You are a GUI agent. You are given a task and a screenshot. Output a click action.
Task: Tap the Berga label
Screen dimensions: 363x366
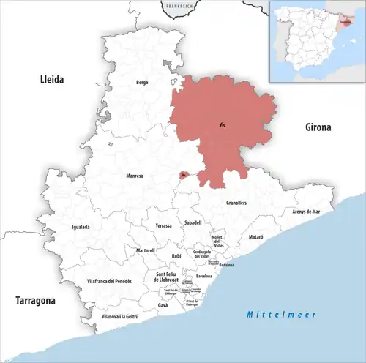pos(142,83)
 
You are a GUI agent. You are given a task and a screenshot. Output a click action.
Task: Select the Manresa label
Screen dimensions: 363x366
pos(134,176)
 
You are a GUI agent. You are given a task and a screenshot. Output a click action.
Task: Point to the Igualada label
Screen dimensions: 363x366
pos(81,227)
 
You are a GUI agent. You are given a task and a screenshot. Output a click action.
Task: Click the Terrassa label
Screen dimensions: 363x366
pos(164,226)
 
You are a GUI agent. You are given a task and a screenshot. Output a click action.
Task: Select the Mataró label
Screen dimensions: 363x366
pos(255,238)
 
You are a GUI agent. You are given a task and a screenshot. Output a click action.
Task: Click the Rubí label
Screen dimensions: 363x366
pos(176,256)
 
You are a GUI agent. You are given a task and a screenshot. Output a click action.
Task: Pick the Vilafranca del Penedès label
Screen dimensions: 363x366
pos(109,281)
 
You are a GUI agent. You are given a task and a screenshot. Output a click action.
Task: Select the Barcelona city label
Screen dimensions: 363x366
pos(204,276)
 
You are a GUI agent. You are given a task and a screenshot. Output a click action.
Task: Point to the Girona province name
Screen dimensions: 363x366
pos(318,127)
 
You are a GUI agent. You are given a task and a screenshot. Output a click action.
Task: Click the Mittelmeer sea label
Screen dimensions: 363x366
pos(280,314)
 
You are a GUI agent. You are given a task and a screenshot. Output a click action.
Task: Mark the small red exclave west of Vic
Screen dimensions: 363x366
pos(183,174)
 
